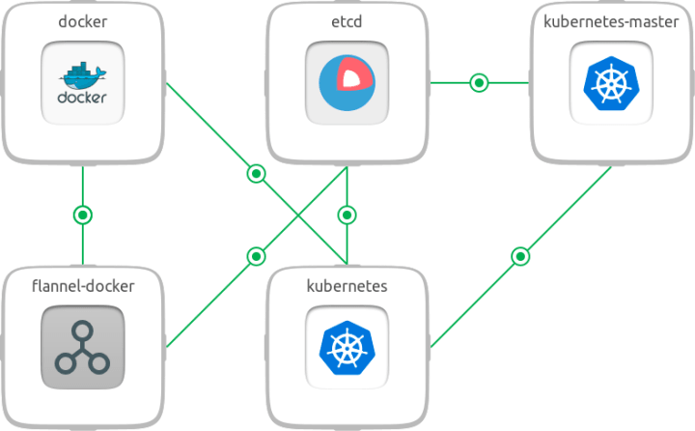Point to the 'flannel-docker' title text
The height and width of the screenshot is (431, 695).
(x=82, y=286)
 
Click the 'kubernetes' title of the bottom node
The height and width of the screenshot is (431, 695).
(x=347, y=286)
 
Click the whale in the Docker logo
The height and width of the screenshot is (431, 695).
(x=82, y=75)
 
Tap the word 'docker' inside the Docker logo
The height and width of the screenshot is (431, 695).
(x=82, y=98)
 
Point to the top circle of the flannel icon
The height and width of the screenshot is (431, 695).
(x=82, y=324)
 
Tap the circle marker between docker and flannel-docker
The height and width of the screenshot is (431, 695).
(x=82, y=214)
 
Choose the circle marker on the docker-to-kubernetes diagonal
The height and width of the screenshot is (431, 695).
(x=255, y=173)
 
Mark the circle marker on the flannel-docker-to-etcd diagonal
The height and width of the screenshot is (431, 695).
(x=255, y=256)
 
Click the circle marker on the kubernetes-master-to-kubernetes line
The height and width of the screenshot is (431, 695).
(x=520, y=256)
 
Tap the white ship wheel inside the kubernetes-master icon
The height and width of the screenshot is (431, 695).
(x=611, y=84)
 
